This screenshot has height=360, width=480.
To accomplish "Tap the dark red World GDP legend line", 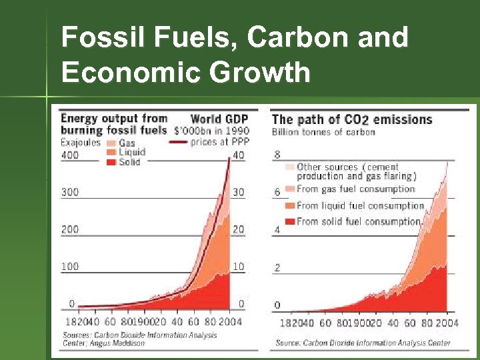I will tap(178, 142).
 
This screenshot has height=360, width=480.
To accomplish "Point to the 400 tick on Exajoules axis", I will tap(69, 155).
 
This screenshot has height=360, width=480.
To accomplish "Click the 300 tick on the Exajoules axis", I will tap(69, 192).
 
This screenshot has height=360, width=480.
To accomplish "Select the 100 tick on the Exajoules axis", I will tap(69, 267).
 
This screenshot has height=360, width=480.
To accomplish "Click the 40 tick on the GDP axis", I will tap(238, 155).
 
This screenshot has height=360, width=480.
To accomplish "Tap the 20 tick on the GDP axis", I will tap(238, 229).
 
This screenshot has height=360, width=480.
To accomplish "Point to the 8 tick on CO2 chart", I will tap(277, 155).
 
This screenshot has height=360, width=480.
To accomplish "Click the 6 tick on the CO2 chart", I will tap(277, 193).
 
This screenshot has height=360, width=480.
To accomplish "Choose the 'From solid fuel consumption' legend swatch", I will tap(289, 221).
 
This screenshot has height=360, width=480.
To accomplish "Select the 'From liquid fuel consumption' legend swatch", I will tap(289, 205).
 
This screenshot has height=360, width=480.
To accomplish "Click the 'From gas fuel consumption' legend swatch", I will tap(289, 189).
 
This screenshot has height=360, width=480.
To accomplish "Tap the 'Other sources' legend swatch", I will tap(289, 167).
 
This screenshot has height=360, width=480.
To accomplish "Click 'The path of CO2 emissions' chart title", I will tap(352, 120).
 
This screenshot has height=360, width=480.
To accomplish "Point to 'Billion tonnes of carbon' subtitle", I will tap(323, 132).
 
